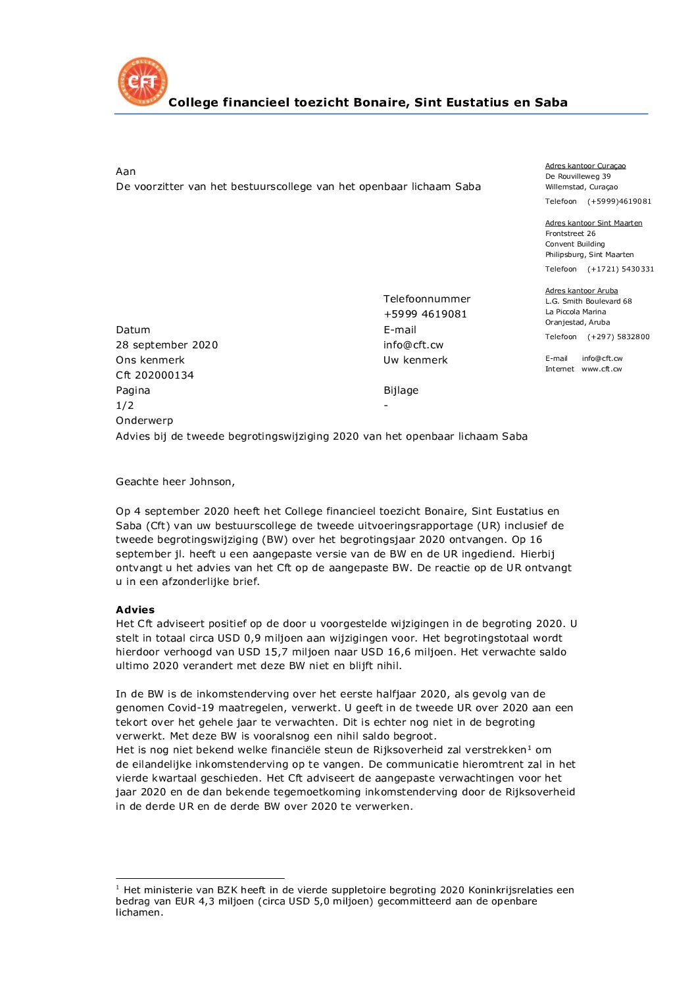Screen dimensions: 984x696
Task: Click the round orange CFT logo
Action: [x=143, y=82]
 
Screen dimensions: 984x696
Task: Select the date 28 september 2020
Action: [x=166, y=345]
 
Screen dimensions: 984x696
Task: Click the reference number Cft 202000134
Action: [x=155, y=375]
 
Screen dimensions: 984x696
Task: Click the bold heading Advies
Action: [x=135, y=610]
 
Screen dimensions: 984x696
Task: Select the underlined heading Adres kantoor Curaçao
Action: [x=585, y=166]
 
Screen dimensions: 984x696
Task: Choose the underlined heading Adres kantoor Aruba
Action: [x=582, y=291]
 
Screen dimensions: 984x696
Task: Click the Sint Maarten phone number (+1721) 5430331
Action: [x=620, y=269]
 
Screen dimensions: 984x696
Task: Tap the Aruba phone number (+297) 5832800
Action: [x=618, y=337]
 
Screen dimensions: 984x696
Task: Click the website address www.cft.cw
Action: [x=601, y=369]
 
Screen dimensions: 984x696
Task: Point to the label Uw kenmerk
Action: [x=415, y=360]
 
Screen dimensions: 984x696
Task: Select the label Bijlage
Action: [x=401, y=390]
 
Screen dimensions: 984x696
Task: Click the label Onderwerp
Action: [x=144, y=421]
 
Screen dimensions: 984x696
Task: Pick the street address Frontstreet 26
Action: [x=570, y=233]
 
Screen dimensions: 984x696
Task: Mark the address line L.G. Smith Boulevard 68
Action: [x=588, y=302]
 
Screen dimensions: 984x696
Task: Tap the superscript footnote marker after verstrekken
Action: [x=530, y=748]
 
